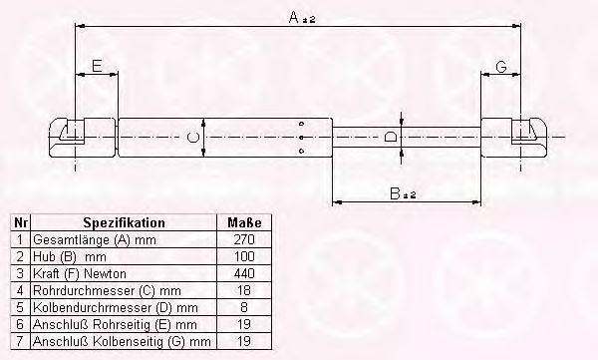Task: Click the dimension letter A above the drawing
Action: click(x=294, y=17)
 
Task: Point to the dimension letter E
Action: click(x=97, y=67)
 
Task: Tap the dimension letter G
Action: click(x=501, y=67)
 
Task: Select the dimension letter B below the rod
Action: click(x=395, y=193)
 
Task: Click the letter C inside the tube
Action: click(x=193, y=137)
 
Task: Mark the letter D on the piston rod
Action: click(x=390, y=137)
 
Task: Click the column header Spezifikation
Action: click(x=124, y=222)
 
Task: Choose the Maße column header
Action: click(x=244, y=222)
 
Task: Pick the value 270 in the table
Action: click(x=244, y=239)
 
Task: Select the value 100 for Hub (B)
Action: click(x=244, y=256)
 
